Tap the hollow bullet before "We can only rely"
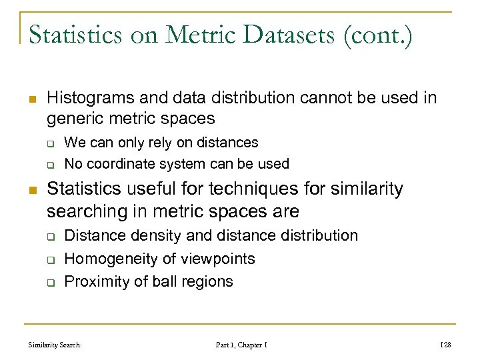50,143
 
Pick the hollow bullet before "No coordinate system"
50,165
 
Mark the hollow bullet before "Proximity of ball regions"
50,282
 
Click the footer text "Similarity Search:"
55,345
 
